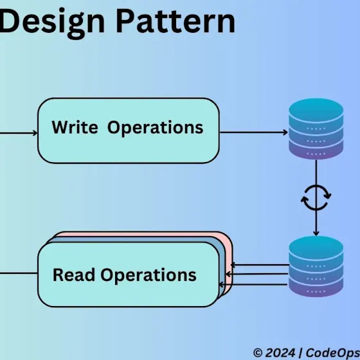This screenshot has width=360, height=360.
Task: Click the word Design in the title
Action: click(52, 23)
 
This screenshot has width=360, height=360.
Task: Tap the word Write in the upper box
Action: click(75, 127)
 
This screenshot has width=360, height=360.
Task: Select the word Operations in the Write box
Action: click(155, 128)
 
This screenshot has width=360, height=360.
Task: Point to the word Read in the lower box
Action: click(74, 274)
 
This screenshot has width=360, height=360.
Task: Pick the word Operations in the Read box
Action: click(148, 276)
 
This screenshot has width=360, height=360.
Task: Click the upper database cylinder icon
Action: click(316, 129)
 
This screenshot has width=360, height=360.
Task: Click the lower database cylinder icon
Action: click(316, 266)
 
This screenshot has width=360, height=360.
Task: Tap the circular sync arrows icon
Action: click(316, 198)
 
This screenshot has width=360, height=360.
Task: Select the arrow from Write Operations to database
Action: click(254, 132)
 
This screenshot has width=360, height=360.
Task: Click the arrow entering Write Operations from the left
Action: click(19, 133)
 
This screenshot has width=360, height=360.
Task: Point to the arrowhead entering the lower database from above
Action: click(316, 233)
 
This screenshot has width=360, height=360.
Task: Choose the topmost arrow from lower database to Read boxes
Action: click(260, 265)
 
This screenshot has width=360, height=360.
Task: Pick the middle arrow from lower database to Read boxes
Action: click(257, 274)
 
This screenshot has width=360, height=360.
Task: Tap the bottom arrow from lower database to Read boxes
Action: click(253, 284)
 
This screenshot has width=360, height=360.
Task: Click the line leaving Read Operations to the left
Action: click(19, 273)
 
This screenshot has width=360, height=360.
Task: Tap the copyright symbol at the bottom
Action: click(258, 353)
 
